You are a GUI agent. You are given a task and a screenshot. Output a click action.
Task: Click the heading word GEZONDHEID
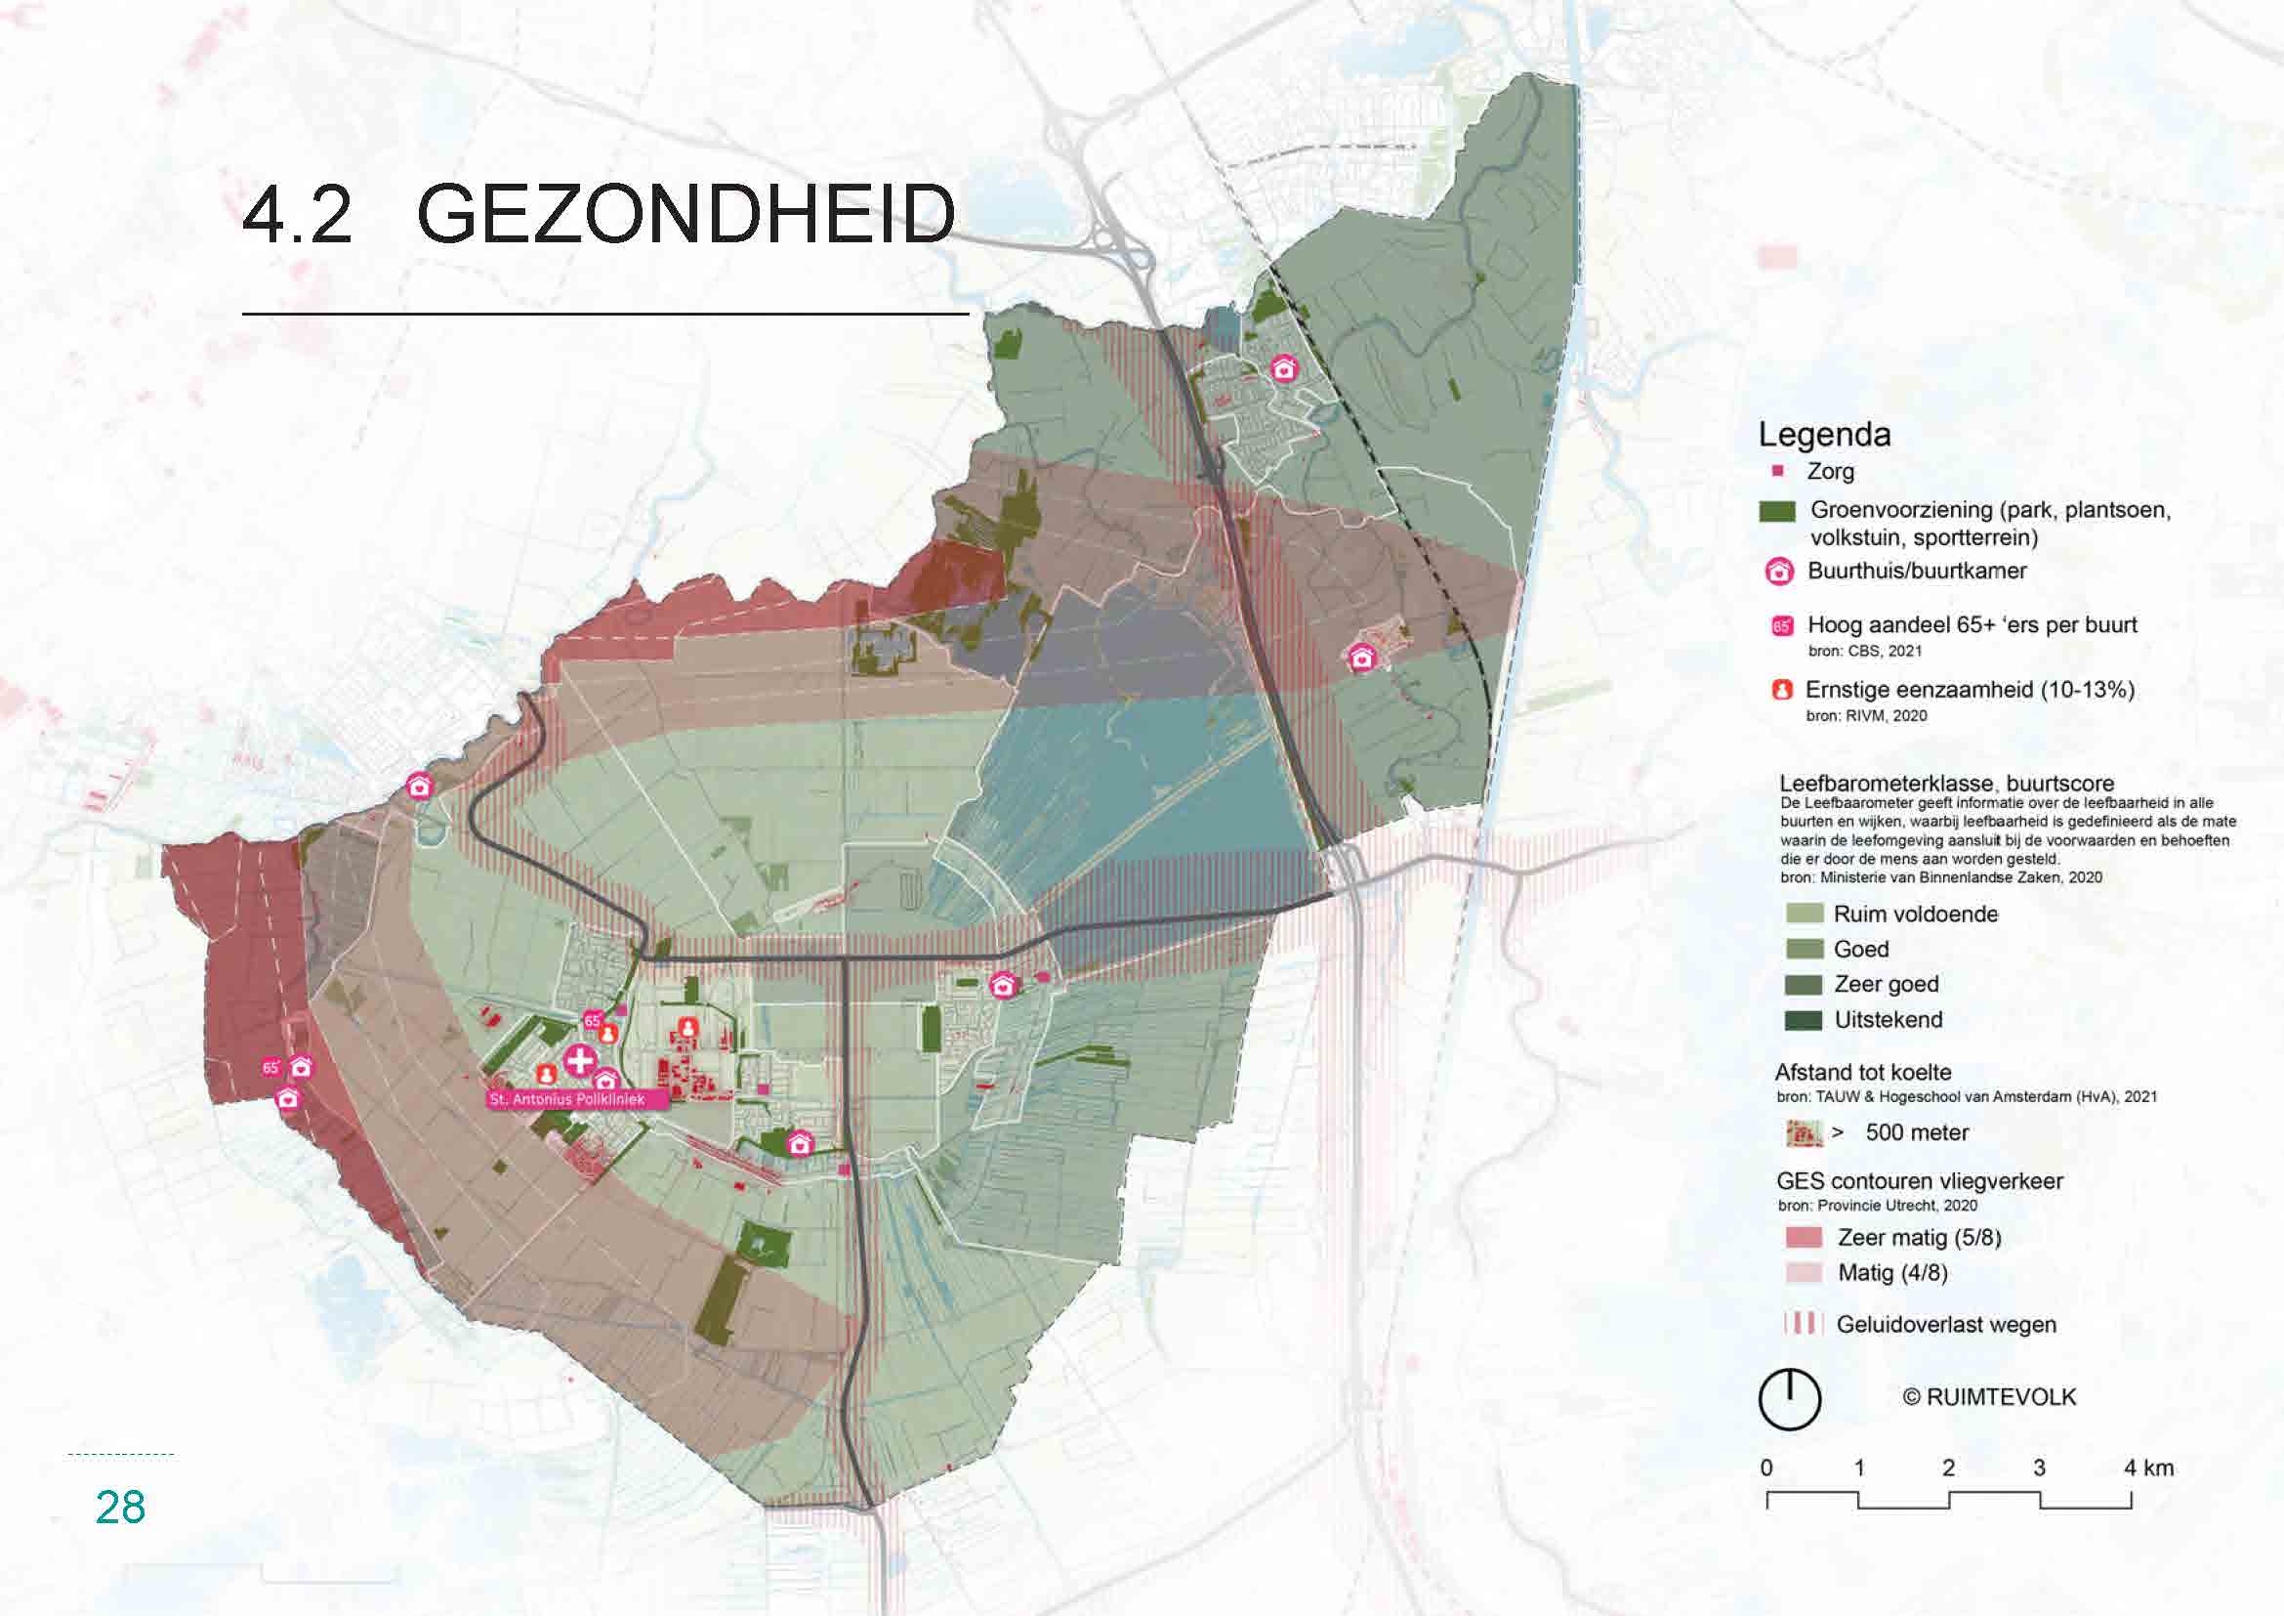tap(685, 214)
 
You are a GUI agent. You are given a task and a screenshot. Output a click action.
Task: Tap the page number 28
tap(120, 1508)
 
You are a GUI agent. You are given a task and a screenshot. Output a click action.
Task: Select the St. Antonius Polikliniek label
tap(567, 1099)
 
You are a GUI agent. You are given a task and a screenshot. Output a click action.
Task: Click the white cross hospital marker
tap(580, 1060)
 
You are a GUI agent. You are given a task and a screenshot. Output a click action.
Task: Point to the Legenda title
tap(1823, 435)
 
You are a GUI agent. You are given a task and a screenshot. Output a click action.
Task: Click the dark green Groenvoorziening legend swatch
tap(1776, 511)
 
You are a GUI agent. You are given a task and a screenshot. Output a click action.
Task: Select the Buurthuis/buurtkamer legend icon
tap(1778, 572)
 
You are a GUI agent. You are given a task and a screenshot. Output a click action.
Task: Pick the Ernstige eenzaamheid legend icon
tap(1782, 690)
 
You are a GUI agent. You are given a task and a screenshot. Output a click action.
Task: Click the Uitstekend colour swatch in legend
tap(1804, 1020)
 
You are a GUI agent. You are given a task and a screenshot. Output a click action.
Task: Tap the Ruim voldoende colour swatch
tap(1804, 914)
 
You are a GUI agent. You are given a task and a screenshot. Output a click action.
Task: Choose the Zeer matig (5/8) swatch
tap(1804, 1237)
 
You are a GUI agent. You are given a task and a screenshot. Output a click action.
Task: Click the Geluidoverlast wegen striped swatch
tap(1802, 1324)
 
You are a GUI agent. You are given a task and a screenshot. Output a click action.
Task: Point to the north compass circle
tap(1789, 1399)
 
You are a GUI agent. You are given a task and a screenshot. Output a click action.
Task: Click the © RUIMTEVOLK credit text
tap(1988, 1397)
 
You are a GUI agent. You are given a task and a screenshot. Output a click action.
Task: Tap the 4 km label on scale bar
tap(2147, 1467)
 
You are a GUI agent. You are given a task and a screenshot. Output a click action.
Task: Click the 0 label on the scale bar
tap(1765, 1467)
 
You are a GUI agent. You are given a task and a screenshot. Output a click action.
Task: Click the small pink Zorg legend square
tap(1777, 471)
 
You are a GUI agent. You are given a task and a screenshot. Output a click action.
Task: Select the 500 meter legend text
tap(1916, 1132)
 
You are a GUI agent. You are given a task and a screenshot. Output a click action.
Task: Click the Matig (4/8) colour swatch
tap(1804, 1273)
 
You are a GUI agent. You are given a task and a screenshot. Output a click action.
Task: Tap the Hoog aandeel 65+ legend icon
tap(1782, 626)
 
